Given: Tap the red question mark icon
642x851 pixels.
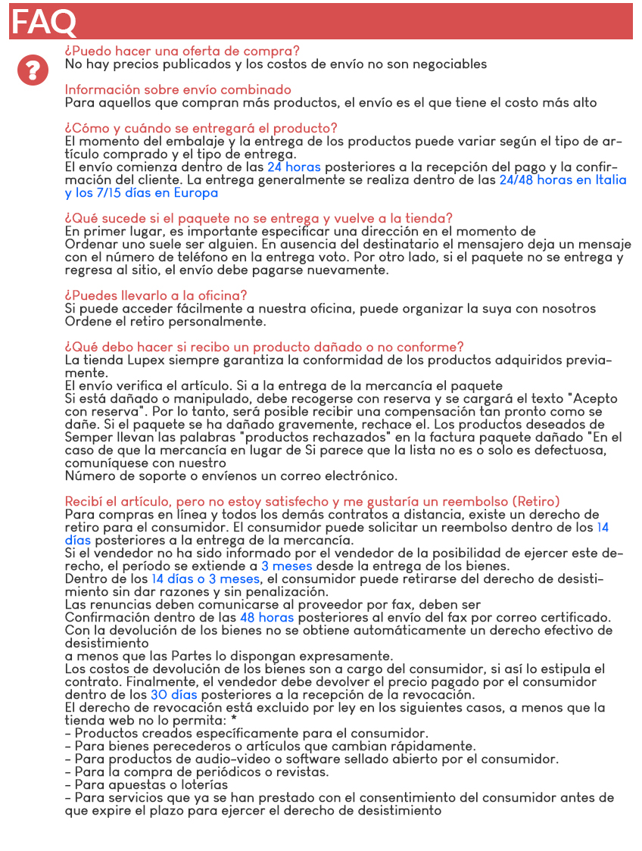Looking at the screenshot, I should [33, 70].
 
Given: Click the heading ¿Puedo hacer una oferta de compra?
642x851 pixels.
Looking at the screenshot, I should [182, 51].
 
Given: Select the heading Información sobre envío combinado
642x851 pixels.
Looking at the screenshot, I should [178, 89].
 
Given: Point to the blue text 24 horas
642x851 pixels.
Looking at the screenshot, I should [294, 167].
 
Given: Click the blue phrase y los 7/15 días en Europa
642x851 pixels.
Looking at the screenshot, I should [142, 193].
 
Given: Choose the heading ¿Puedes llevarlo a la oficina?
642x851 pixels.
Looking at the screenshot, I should [155, 295].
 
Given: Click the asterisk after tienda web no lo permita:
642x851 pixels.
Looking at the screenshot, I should [234, 720].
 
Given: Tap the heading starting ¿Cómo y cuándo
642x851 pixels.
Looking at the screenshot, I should [201, 128].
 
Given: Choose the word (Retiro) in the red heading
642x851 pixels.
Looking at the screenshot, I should [536, 501].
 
